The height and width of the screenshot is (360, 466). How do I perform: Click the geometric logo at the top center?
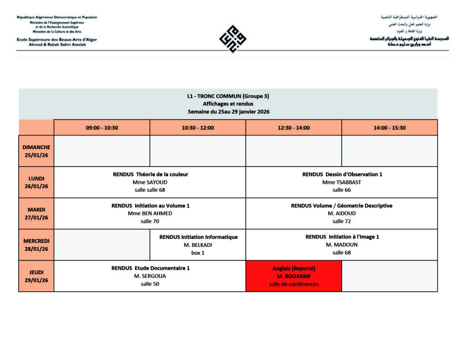click(233, 39)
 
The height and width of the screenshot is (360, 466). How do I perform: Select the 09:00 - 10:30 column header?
click(102, 128)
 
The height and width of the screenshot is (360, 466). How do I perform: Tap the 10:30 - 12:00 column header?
click(198, 128)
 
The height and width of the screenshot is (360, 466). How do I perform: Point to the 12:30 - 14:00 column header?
click(294, 128)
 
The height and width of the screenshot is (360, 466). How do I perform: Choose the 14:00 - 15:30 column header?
click(390, 128)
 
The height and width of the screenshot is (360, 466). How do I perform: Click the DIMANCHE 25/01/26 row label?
click(36, 151)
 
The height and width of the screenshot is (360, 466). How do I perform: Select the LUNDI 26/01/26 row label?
click(36, 182)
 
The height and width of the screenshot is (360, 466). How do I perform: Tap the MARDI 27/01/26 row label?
click(36, 213)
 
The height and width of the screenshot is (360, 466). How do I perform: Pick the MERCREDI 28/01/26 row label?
click(36, 245)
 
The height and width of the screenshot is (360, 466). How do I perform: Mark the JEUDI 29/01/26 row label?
click(36, 276)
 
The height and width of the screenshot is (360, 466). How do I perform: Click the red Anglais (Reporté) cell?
click(294, 276)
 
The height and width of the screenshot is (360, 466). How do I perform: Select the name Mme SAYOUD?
click(150, 182)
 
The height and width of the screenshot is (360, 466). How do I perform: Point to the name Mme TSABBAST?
click(341, 182)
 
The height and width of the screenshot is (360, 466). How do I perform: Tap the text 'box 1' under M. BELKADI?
click(198, 253)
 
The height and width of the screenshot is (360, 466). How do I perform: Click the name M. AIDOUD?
click(341, 213)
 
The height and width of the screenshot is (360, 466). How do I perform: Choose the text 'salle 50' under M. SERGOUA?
click(150, 284)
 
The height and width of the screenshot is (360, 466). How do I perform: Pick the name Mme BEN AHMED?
click(150, 213)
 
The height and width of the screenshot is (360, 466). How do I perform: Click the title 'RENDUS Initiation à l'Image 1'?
click(342, 237)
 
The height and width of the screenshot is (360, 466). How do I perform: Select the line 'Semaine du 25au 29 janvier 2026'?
click(228, 112)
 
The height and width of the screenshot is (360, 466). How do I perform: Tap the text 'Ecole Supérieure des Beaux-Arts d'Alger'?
click(57, 40)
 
